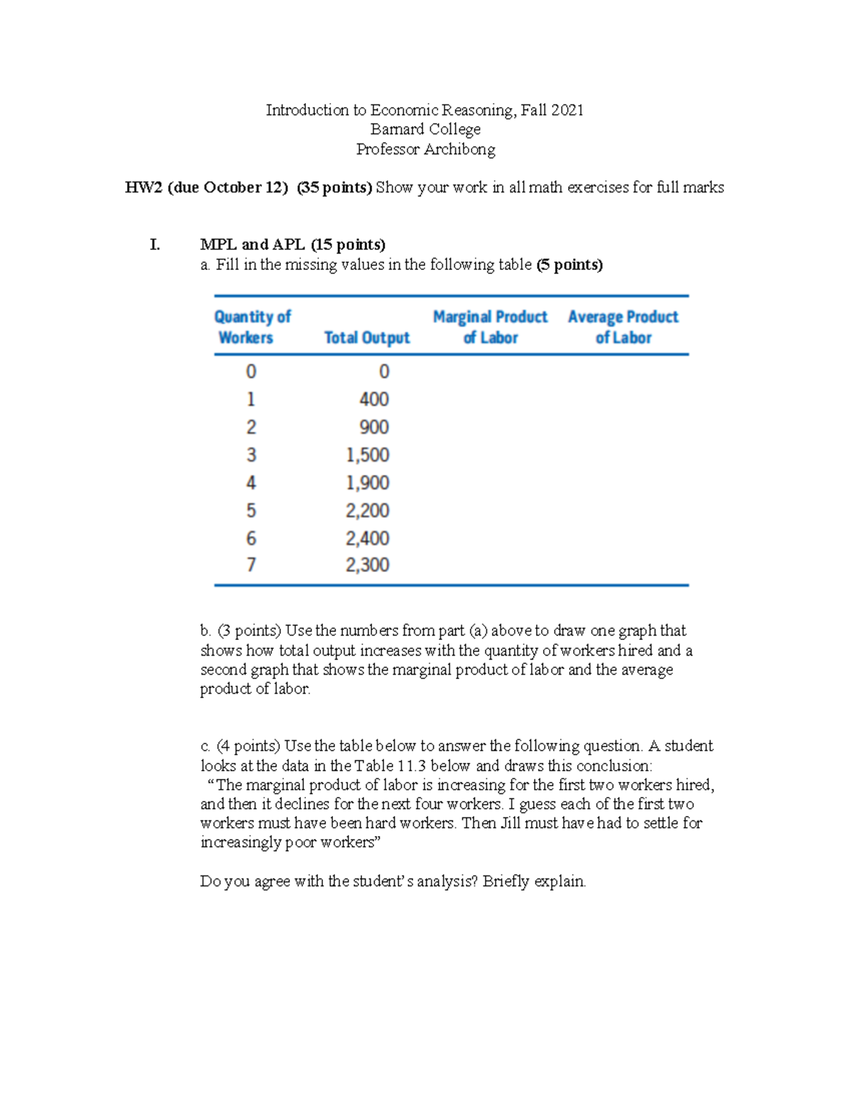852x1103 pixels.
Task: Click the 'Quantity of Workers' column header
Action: (252, 327)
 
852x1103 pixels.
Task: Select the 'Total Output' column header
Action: (366, 337)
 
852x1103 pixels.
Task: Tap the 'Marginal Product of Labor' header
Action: (490, 327)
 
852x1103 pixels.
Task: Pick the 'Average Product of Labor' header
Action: (623, 327)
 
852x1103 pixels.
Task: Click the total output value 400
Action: (373, 399)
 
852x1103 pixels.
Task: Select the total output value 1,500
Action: (367, 455)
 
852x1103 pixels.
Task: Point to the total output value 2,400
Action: (367, 538)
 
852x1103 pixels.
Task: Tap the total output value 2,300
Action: (367, 565)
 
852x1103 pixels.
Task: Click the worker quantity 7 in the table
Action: (251, 565)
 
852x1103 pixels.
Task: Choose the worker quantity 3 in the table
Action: (251, 455)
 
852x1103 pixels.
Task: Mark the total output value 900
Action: (373, 427)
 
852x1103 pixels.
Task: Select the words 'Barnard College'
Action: (425, 129)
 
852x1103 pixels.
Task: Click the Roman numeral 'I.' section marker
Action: (155, 245)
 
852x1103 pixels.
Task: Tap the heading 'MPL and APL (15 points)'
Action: (293, 245)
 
